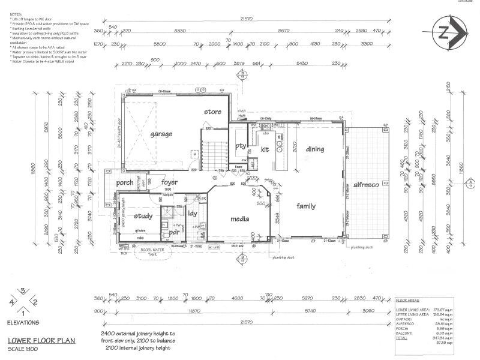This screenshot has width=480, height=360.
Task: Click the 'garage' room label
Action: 161,134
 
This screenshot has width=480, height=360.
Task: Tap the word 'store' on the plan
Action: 213,112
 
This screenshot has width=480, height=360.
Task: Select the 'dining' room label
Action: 314,149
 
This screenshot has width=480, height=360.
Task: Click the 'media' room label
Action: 240,219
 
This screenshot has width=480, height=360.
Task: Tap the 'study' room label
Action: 144,216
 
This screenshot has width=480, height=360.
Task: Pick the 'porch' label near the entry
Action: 125,183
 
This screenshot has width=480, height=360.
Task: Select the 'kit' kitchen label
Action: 265,149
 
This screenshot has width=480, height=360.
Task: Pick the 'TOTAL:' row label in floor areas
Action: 404,338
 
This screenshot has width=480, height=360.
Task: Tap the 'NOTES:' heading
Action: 16,13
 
